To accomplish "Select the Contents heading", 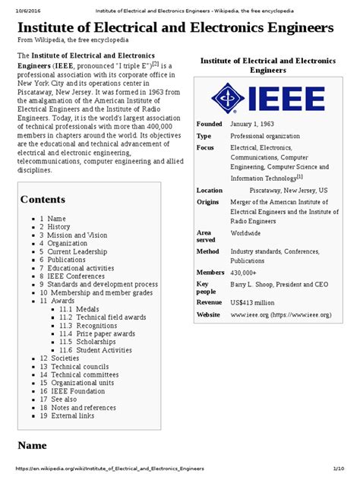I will pyautogui.click(x=43, y=199).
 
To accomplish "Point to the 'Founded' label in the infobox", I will pyautogui.click(x=209, y=124).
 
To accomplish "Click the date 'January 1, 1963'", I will pyautogui.click(x=258, y=124).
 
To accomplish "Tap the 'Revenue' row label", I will pyautogui.click(x=210, y=302).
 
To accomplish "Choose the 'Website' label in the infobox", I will pyautogui.click(x=210, y=314).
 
